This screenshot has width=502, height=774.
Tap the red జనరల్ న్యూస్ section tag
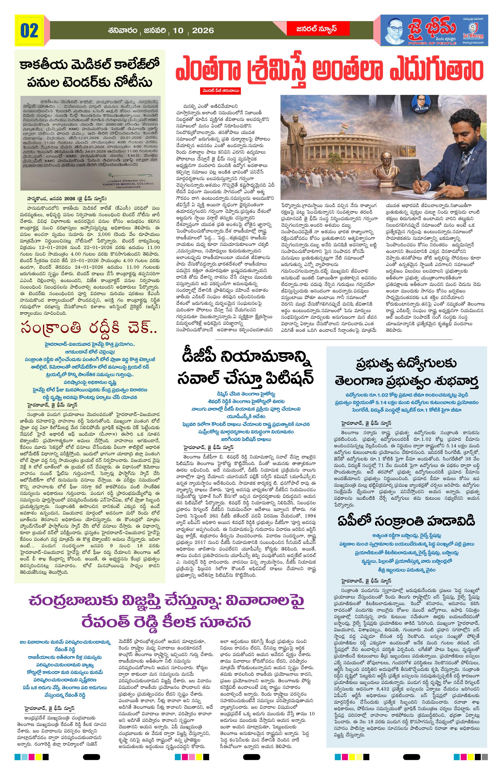pos(318,29)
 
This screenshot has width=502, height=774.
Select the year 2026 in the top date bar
pos(203,31)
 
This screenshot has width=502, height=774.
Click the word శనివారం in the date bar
pos(123,31)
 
